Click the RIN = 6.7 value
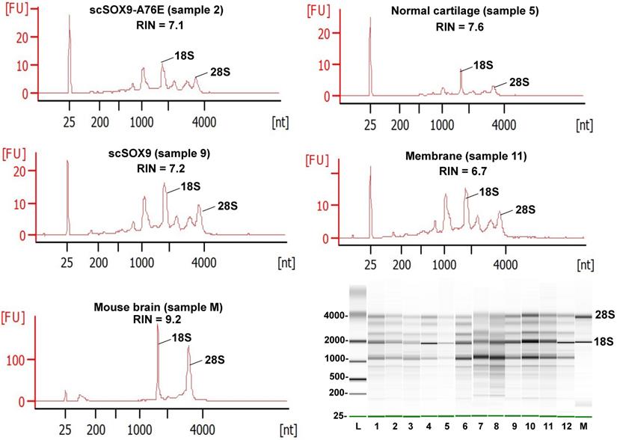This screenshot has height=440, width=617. click(462, 171)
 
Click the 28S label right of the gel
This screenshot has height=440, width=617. click(605, 315)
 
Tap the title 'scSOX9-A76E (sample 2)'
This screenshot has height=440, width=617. click(153, 10)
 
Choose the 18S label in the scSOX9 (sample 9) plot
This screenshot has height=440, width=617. click(190, 186)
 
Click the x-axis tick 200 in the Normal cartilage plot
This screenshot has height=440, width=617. click(400, 124)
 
